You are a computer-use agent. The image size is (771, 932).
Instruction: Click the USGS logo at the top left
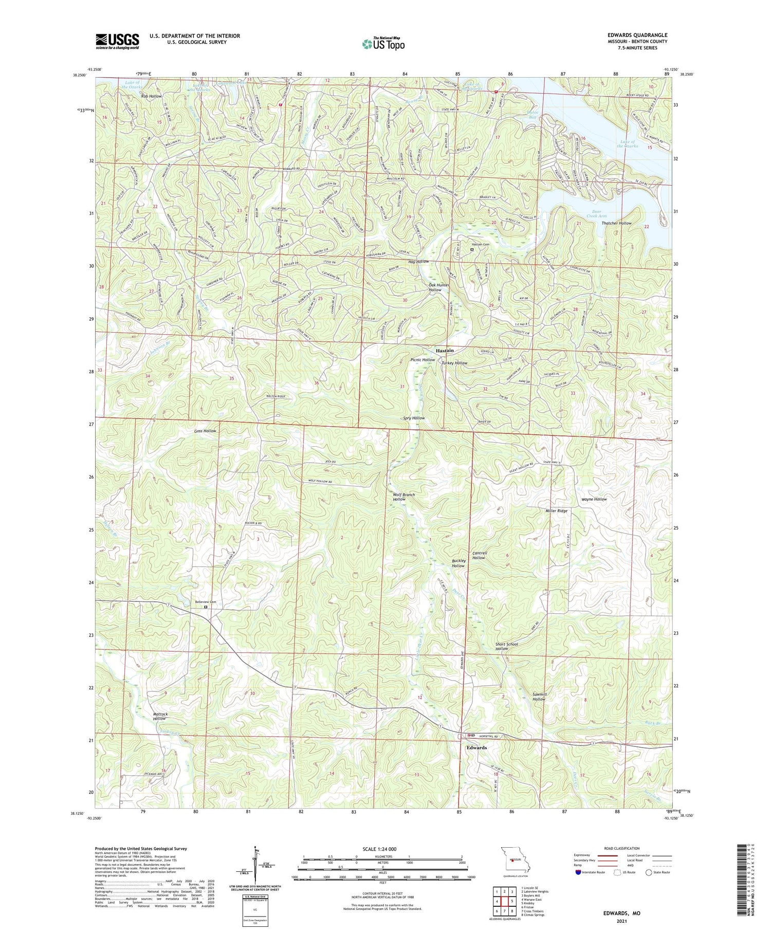pos(117,41)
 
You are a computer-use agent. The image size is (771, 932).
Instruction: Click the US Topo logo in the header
pos(383,44)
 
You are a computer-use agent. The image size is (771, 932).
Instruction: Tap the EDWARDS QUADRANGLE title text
pos(637,35)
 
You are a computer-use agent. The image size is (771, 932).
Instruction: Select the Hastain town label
pos(445,350)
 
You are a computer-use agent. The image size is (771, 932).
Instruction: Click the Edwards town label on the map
pos(476,747)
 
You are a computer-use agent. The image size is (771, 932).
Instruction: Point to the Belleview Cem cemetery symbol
pos(206,607)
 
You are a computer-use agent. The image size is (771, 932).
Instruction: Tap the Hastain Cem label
pos(481,244)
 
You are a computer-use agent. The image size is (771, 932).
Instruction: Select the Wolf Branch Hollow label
pos(403,497)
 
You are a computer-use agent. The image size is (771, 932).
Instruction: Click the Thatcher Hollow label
pos(616,223)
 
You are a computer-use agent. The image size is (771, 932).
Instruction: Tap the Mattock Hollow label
pos(160,716)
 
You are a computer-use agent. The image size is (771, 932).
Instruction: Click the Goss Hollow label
pos(205,431)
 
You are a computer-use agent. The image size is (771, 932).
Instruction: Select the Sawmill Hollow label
pos(539,697)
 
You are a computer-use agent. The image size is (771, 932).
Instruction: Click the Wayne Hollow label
pos(594,499)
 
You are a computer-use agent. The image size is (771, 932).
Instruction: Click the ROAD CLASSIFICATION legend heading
pos(622,848)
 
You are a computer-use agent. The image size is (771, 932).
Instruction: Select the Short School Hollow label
pos(506,646)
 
